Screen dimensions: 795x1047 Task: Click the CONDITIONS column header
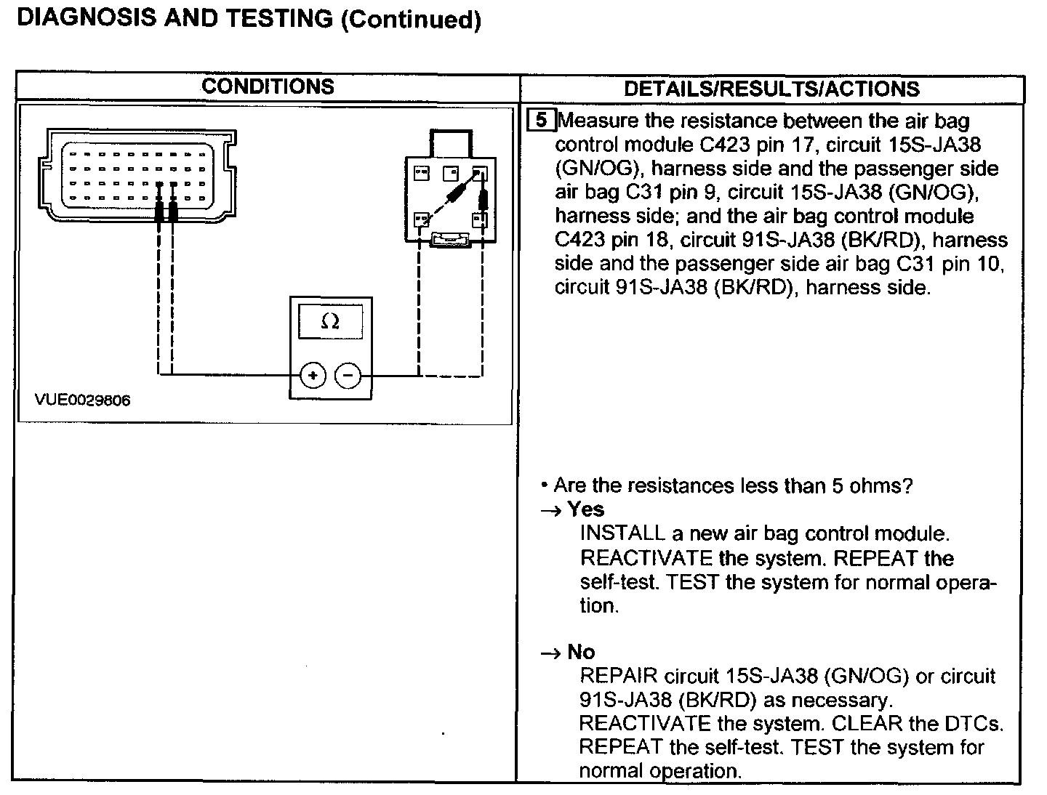(268, 86)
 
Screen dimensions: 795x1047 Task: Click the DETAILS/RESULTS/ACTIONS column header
(771, 89)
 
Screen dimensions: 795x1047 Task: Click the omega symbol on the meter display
(330, 320)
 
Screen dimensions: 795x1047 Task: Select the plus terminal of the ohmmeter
(313, 376)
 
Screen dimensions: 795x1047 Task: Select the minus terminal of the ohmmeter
(348, 376)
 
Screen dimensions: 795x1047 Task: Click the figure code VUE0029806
(82, 400)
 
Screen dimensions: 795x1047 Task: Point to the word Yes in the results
(586, 509)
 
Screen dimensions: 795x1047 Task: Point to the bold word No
(581, 652)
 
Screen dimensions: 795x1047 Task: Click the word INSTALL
(622, 533)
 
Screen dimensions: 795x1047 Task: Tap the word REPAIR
(619, 676)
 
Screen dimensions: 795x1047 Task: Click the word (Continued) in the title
(411, 20)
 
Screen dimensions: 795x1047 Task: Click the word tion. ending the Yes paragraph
(599, 606)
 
